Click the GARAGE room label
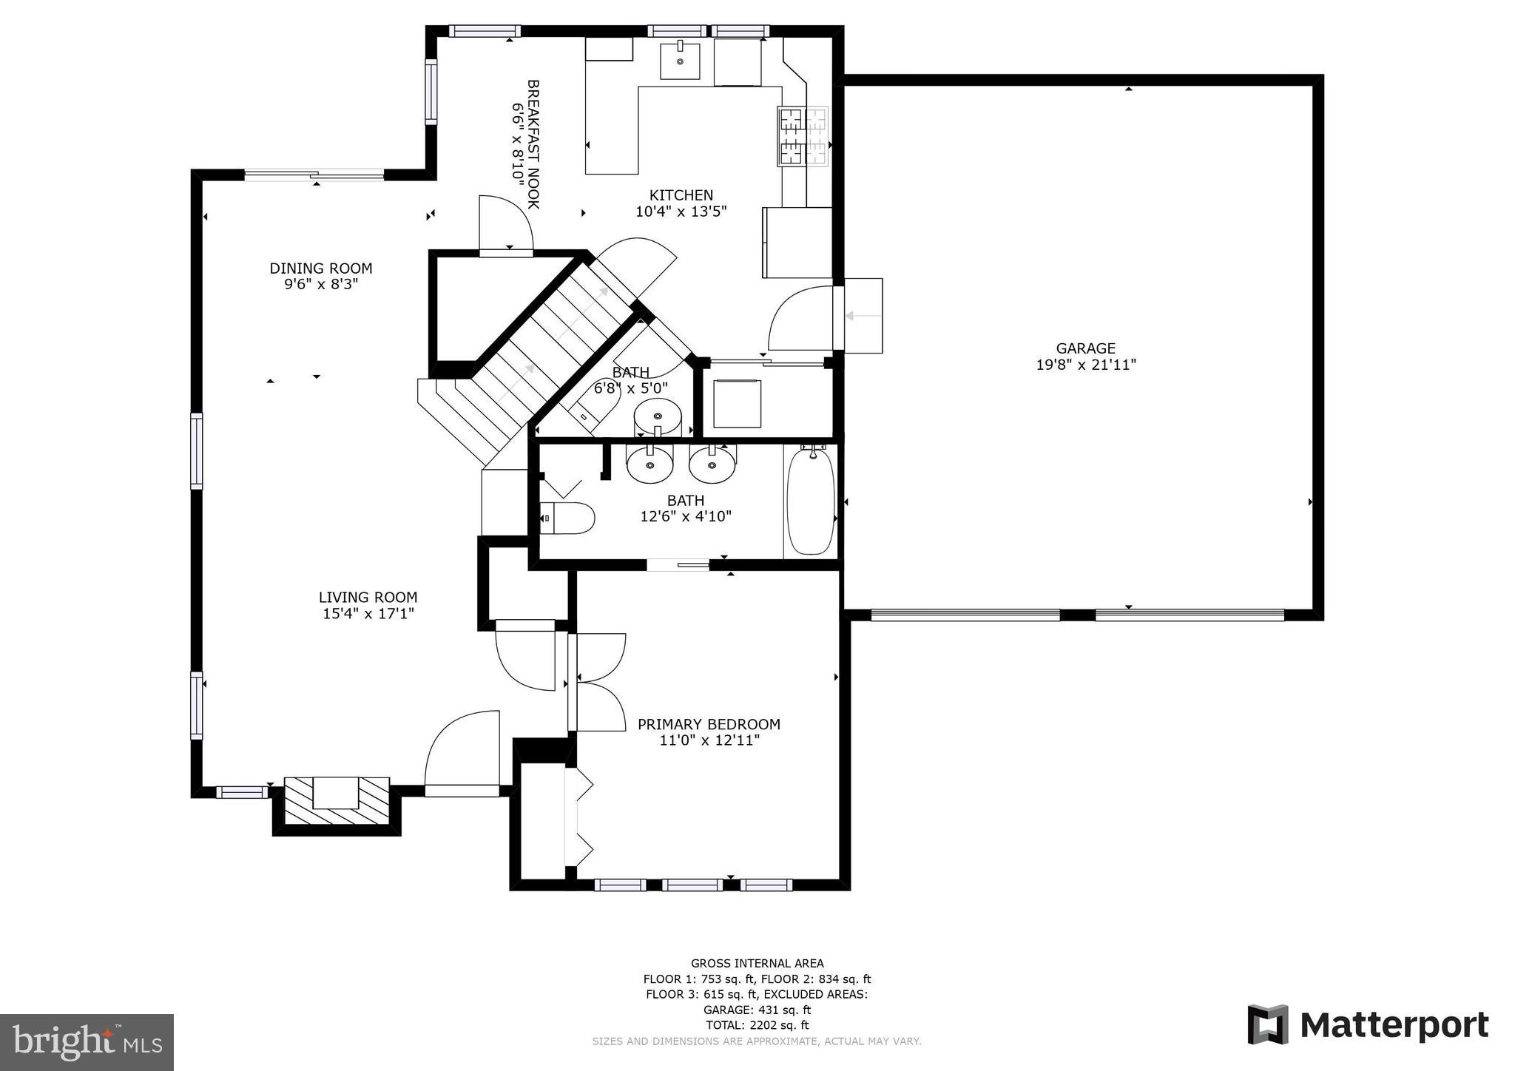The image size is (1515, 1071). [x=1085, y=348]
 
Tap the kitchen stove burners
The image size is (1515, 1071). [x=803, y=136]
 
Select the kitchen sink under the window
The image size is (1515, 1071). [x=679, y=61]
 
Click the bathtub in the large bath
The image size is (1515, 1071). [x=811, y=501]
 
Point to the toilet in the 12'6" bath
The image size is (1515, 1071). [x=568, y=518]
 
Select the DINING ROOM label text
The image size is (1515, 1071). [x=320, y=268]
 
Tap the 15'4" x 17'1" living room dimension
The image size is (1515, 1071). [x=368, y=613]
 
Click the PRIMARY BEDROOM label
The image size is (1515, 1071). [x=709, y=724]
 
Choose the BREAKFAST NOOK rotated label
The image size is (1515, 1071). [x=533, y=144]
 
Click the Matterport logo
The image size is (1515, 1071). [x=1368, y=1025]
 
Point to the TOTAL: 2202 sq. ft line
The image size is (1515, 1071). [x=757, y=1025]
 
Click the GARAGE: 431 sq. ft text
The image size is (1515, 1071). [x=757, y=1010]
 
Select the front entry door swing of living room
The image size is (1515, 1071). [x=462, y=751]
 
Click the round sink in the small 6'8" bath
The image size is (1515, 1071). [x=657, y=416]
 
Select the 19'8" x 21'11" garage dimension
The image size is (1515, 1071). [x=1085, y=365]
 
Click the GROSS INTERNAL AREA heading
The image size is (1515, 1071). [x=757, y=963]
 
